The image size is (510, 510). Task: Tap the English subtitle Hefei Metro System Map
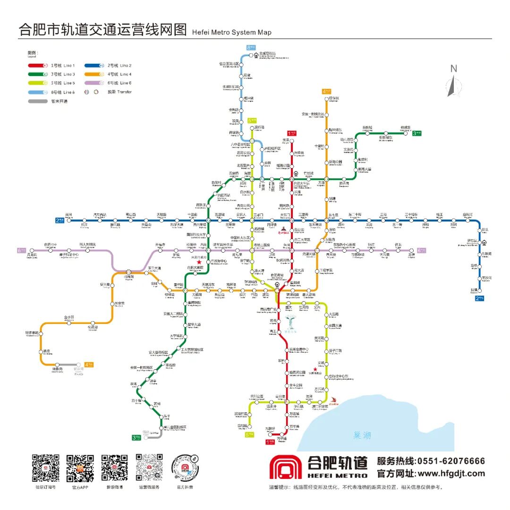coord(232,33)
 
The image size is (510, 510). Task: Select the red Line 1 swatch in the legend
coord(37,66)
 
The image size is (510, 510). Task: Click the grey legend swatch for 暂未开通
coord(37,101)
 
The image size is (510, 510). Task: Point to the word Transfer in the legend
coord(125,92)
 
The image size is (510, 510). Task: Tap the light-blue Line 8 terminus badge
coord(251,47)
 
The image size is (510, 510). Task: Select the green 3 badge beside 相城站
coord(417,134)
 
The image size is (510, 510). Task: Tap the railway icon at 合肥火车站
coord(296,173)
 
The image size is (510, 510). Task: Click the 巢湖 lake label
coord(361,435)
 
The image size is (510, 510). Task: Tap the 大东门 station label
coord(285,215)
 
